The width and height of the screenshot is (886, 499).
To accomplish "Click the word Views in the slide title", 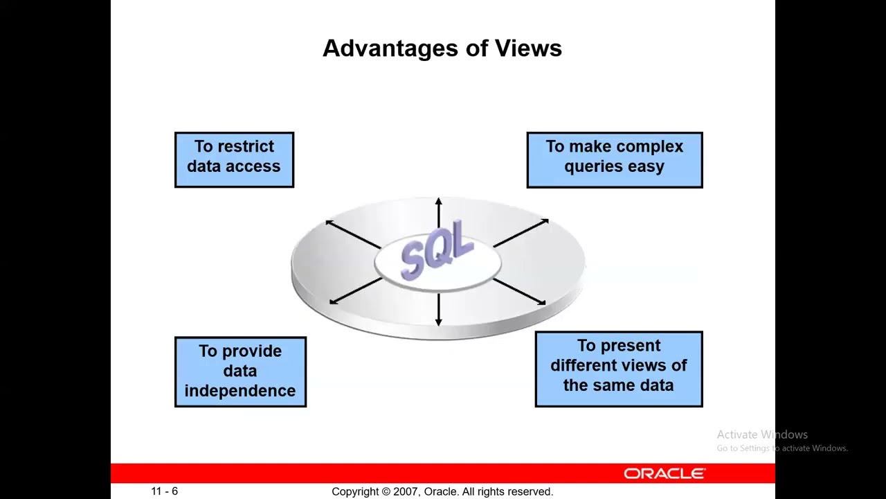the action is tap(528, 49).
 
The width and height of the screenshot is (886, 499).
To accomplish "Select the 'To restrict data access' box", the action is tap(234, 159).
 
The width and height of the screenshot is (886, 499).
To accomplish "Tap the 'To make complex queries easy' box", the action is tap(615, 159).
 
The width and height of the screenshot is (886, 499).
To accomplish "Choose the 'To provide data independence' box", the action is tap(240, 372).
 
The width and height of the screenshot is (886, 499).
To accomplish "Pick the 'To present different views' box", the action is tap(619, 369).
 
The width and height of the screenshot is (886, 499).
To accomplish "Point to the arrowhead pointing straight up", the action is tap(438, 201).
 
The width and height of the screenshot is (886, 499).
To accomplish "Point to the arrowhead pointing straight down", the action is tap(438, 322).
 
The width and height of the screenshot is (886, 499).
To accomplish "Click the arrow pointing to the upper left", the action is tap(353, 235).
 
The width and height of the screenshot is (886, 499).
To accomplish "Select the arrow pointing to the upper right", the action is tap(521, 233).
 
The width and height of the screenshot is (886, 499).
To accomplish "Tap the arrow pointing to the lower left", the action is tap(356, 291).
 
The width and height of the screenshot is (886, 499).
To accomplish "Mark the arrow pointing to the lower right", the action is tap(519, 292).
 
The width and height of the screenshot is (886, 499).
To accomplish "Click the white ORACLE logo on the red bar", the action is tap(664, 473).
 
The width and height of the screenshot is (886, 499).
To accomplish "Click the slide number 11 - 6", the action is tap(165, 491).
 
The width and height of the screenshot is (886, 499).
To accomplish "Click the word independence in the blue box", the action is tap(240, 391).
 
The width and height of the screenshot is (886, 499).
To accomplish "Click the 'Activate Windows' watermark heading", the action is tap(762, 435).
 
